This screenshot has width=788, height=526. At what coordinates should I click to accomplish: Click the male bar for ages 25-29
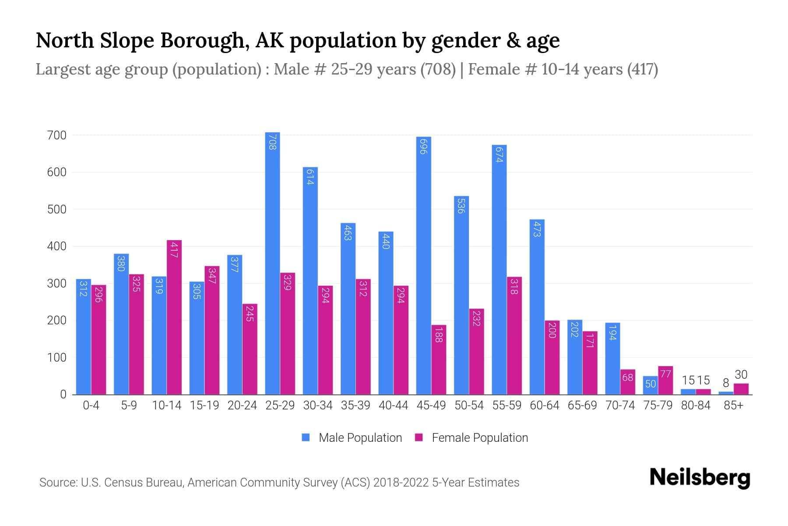(x=272, y=263)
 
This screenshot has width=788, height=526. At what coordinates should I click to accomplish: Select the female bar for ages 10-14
(x=174, y=317)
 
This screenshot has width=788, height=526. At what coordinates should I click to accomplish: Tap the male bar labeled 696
(x=423, y=266)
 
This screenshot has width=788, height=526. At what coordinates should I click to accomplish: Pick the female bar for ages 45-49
(x=439, y=359)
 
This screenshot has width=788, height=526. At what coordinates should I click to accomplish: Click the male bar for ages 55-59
(x=499, y=270)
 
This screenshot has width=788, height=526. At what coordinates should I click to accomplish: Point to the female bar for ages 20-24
(x=250, y=349)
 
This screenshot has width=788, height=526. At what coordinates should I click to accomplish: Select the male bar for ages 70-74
(x=612, y=359)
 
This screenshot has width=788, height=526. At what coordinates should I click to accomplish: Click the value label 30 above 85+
(x=741, y=375)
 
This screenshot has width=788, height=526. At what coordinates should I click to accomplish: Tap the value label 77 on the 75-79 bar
(x=665, y=374)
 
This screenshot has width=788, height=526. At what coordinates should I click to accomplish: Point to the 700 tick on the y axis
(x=56, y=135)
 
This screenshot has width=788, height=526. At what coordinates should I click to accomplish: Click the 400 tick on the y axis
(x=56, y=246)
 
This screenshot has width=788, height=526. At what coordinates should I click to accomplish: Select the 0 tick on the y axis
(x=63, y=394)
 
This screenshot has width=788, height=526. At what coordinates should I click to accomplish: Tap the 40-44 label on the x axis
(x=393, y=405)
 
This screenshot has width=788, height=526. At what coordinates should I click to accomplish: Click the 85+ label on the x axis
(x=733, y=405)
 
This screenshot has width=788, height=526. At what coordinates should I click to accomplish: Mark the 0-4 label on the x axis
(x=91, y=405)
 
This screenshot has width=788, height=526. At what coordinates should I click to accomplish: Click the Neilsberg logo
(x=700, y=478)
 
